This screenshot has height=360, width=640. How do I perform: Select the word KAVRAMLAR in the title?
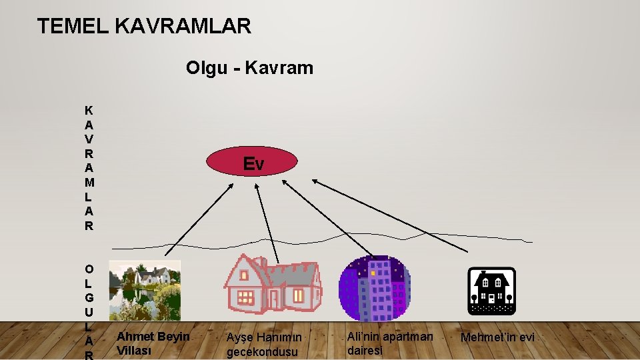(183, 27)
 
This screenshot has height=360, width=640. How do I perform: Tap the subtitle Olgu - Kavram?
(249, 68)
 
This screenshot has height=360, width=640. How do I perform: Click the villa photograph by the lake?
(145, 290)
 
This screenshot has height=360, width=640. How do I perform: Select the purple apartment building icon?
(373, 289)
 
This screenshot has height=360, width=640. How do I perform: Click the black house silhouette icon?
(491, 291)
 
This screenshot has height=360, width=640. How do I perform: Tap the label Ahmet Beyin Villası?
(153, 343)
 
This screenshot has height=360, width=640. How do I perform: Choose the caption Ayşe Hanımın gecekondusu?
(263, 345)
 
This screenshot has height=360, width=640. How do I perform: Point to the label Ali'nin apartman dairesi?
(389, 343)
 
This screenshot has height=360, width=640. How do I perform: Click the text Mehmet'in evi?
(497, 337)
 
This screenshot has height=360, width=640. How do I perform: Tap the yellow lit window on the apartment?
(373, 273)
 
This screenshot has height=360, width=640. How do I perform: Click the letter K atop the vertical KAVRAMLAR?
(89, 109)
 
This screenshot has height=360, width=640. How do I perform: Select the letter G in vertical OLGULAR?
(89, 298)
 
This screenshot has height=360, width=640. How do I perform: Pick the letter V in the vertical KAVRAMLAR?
(89, 139)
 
